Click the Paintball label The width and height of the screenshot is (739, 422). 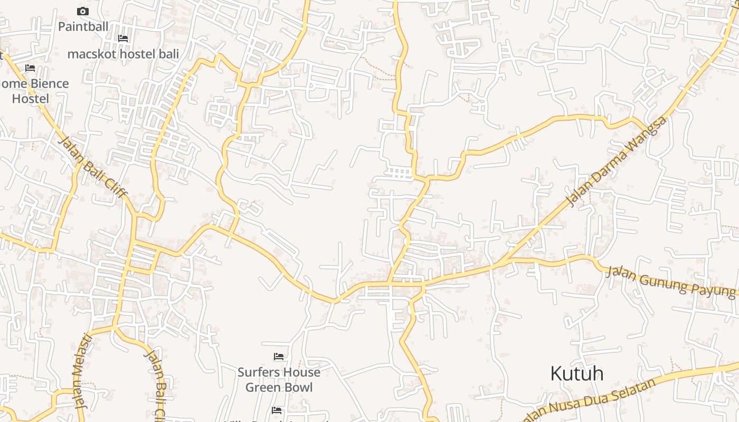(x=83, y=26)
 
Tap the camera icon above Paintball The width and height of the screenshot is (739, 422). (x=83, y=11)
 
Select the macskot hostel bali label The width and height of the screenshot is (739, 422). (x=123, y=54)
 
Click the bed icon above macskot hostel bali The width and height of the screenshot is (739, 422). (x=123, y=38)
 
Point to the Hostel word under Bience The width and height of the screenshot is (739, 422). (x=31, y=99)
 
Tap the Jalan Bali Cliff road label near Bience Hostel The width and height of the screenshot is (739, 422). (x=92, y=167)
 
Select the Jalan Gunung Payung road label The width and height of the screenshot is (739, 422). (x=670, y=281)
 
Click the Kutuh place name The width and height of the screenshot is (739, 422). (x=576, y=373)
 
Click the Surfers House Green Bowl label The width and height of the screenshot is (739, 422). (x=279, y=379)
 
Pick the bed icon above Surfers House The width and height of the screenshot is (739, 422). (x=279, y=357)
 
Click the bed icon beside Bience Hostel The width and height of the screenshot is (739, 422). (x=30, y=68)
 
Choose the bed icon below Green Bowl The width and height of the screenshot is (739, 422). (x=277, y=410)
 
